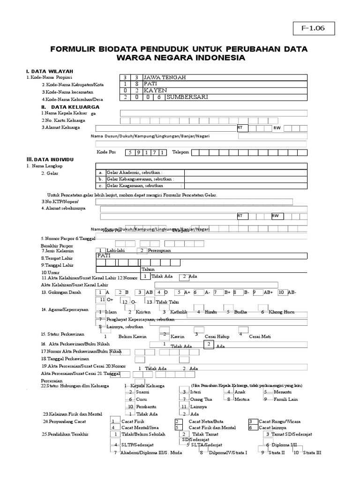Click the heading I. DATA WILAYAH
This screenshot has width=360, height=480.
click(48, 71)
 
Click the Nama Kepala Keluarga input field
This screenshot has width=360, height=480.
click(214, 113)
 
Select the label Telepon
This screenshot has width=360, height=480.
click(180, 152)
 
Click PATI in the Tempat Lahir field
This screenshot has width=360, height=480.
click(105, 256)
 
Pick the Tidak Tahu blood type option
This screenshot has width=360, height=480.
click(167, 302)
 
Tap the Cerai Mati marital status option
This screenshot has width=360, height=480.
click(260, 337)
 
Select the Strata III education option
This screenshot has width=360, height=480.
click(312, 453)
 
